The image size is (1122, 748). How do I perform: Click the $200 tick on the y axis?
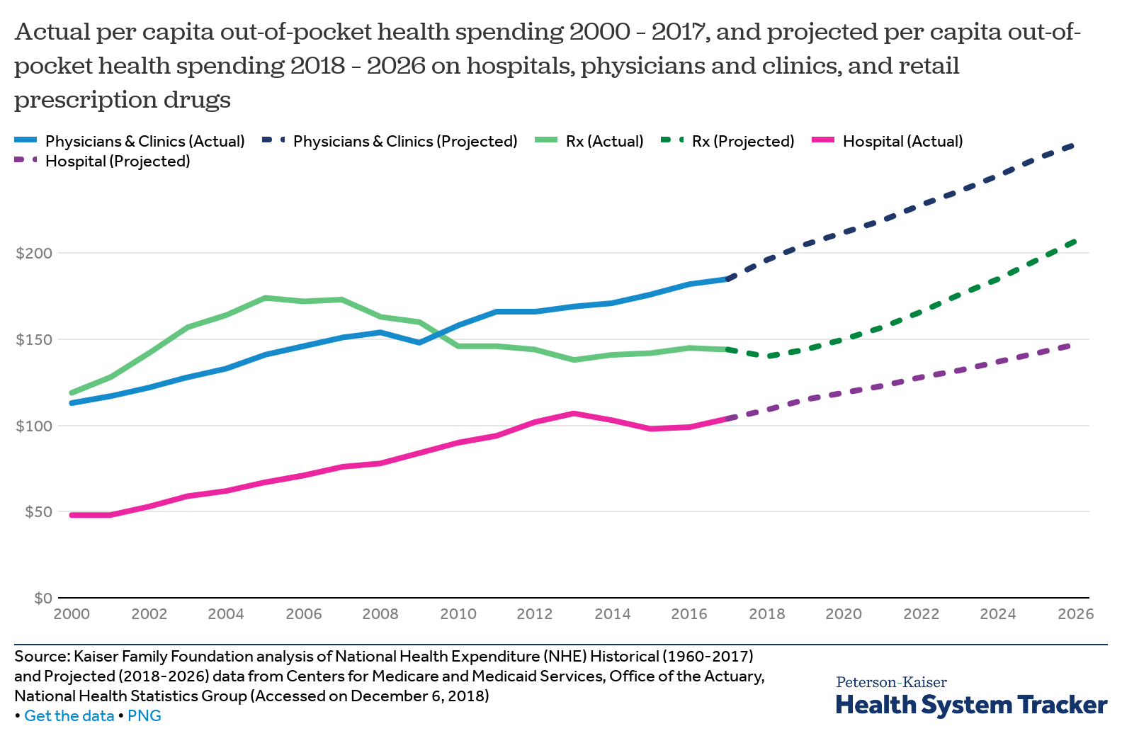(x=34, y=254)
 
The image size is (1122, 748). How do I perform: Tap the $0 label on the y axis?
(x=42, y=599)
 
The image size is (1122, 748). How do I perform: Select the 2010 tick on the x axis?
(x=458, y=614)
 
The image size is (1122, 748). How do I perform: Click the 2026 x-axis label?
(x=1075, y=614)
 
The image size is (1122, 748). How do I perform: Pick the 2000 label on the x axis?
(x=72, y=614)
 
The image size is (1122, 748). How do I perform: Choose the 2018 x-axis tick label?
(x=767, y=614)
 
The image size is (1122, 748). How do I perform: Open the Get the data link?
(x=69, y=716)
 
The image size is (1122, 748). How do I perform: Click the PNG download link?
(x=144, y=716)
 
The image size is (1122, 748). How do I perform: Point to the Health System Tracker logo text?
(x=971, y=705)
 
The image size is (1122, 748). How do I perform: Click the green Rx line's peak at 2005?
(x=265, y=297)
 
